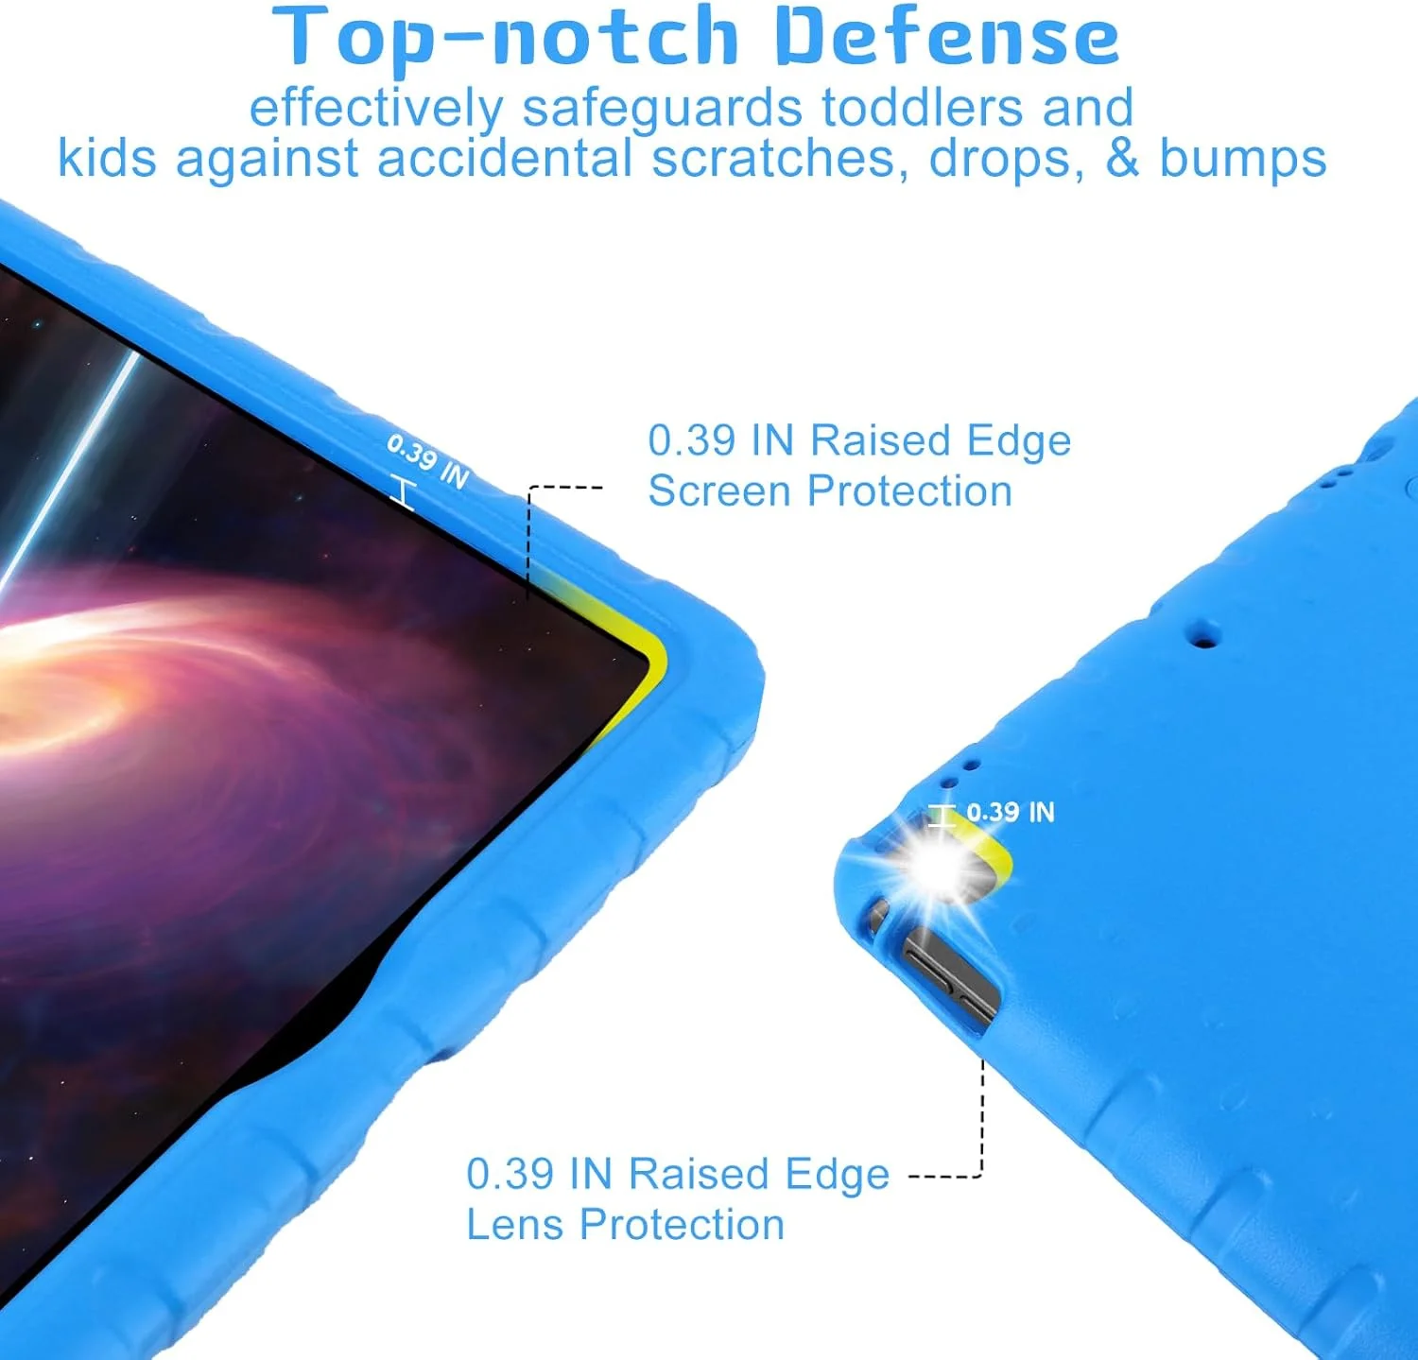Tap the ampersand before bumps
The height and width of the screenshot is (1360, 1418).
pyautogui.click(x=1122, y=158)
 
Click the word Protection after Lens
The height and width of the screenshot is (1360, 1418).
pyautogui.click(x=682, y=1225)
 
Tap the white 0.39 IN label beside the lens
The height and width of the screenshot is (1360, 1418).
pyautogui.click(x=1010, y=812)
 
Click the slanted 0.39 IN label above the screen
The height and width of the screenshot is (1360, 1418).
pyautogui.click(x=428, y=460)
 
